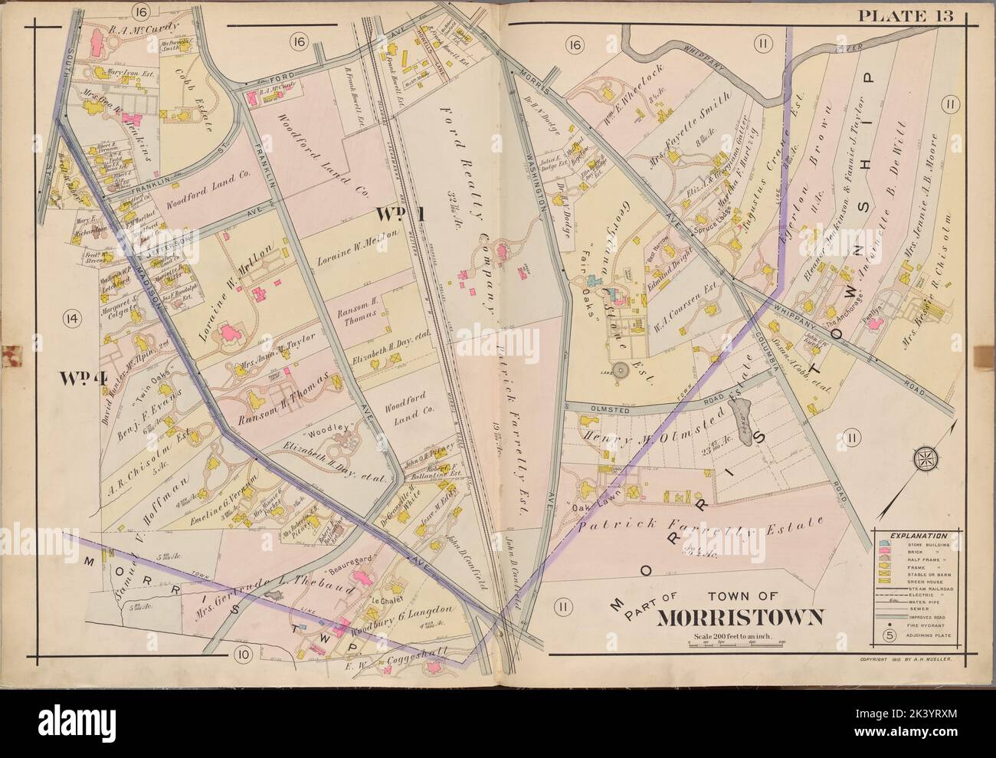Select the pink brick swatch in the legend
pyautogui.click(x=887, y=553)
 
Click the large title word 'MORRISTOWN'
pyautogui.click(x=729, y=618)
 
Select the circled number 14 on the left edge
pyautogui.click(x=73, y=316)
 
